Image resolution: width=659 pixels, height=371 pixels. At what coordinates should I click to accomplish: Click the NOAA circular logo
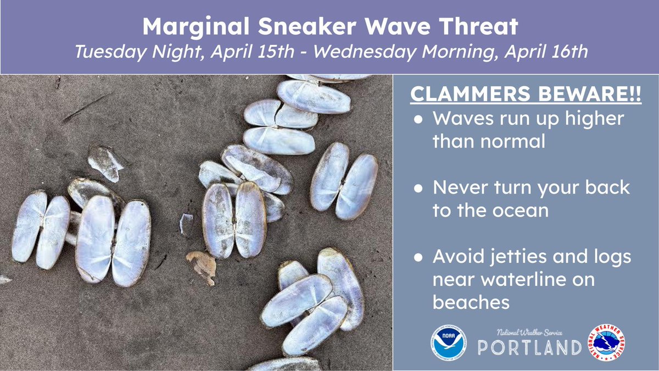[448, 344]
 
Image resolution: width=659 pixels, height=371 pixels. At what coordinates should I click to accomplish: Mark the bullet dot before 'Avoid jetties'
[419, 257]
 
